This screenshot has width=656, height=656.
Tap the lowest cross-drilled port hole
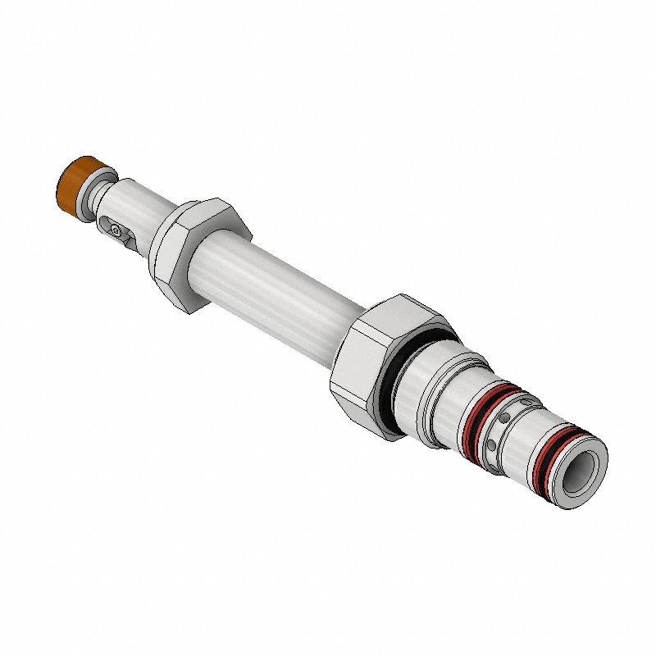[490, 446]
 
